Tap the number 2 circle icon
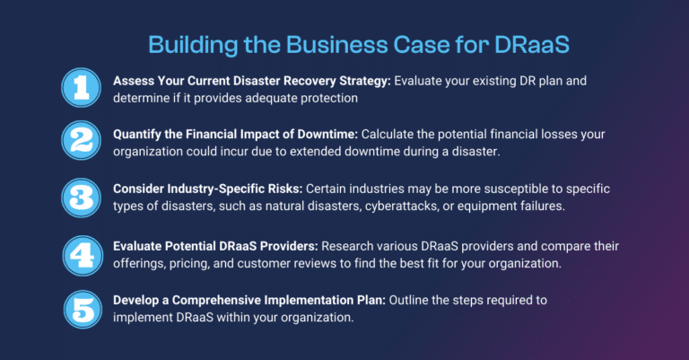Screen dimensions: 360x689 83,141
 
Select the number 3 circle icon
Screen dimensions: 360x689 83,196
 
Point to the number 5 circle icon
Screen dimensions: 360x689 83,307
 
